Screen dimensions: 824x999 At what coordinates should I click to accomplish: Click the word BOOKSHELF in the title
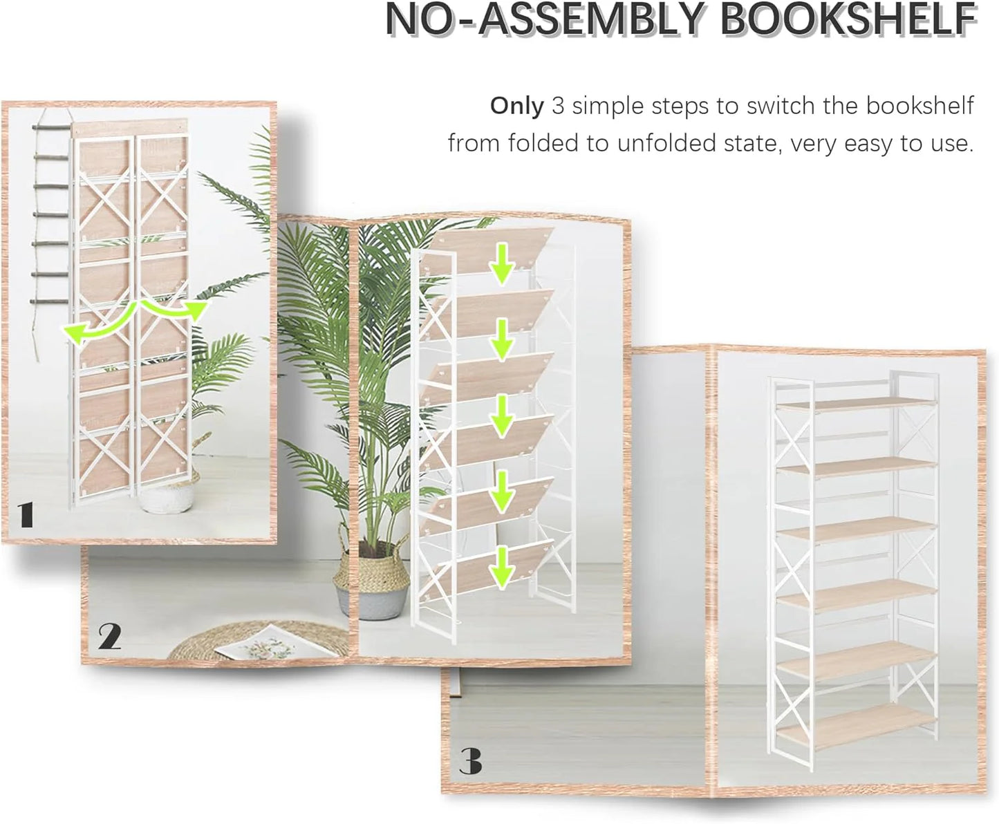click(848, 20)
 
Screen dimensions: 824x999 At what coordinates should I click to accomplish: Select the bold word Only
click(517, 106)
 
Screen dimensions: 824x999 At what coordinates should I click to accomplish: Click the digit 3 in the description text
click(559, 106)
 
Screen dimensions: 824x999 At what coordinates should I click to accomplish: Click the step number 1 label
click(26, 515)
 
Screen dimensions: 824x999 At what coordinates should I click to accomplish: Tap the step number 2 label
click(109, 636)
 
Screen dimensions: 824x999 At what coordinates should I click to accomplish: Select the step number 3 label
click(470, 762)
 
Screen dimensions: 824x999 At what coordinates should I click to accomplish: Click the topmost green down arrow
click(503, 265)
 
